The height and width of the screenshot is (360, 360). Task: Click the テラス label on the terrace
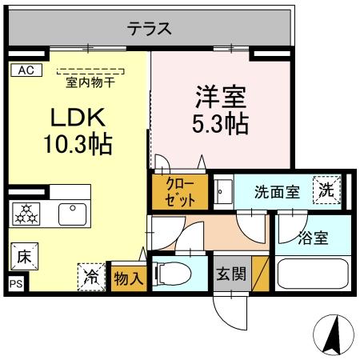(148, 29)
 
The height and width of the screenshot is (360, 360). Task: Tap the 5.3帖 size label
(219, 125)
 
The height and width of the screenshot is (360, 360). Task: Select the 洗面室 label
(277, 192)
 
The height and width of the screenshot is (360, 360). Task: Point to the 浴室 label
(311, 238)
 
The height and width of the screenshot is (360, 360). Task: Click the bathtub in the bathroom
(312, 274)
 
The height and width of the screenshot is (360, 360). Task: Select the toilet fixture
(175, 274)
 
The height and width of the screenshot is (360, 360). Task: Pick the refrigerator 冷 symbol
(92, 277)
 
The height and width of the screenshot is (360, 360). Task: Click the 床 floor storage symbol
(23, 258)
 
